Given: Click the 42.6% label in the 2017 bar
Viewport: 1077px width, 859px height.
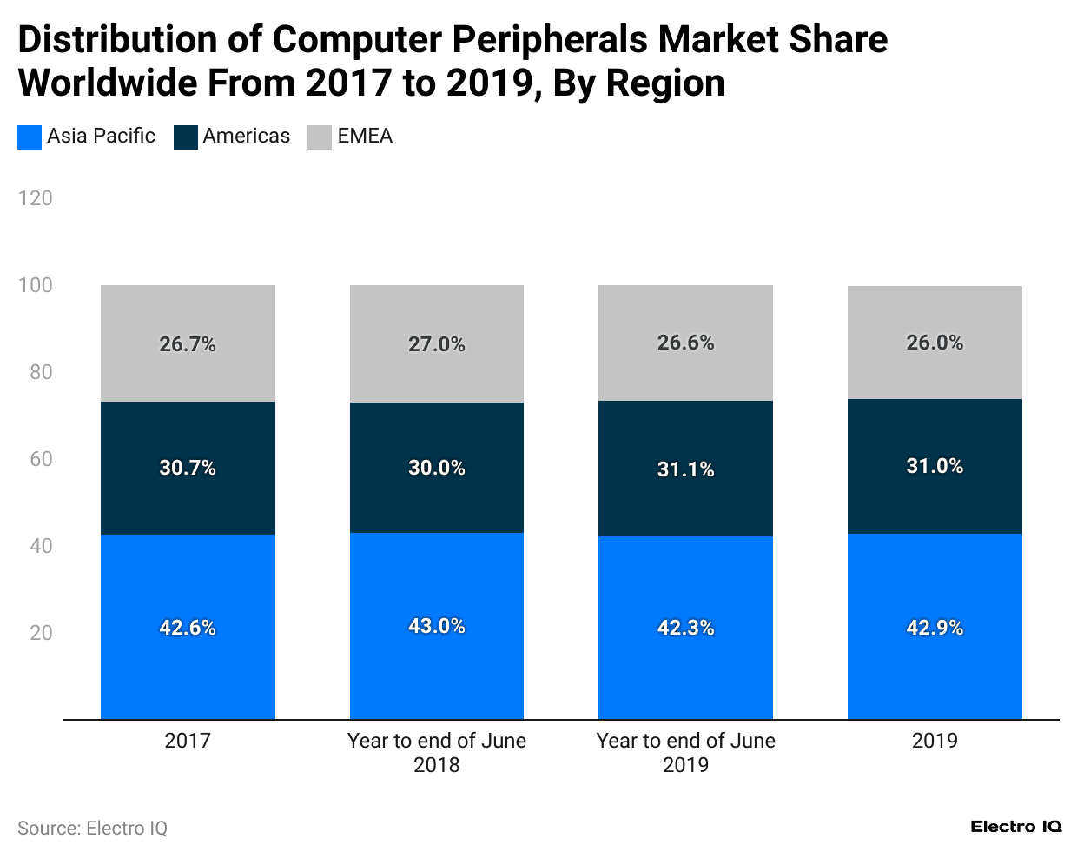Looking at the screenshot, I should pos(188,628).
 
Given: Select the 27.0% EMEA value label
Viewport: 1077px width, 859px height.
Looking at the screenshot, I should pos(437,344).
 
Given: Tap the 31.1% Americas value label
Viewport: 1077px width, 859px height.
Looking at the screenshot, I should pos(685,469).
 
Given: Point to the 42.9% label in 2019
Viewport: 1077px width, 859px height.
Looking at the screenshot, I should pos(935,628).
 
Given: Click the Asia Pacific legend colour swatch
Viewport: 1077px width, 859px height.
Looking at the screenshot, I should pos(30,137).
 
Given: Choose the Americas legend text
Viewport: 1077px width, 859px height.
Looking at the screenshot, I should pos(247,137).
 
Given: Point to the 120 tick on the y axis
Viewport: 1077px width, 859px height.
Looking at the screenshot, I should pos(36,198).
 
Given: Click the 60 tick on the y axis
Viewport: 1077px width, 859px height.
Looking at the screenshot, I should pos(41,459).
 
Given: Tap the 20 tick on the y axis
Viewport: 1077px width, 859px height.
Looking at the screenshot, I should pos(41,633).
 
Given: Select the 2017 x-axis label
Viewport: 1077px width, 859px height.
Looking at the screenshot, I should pos(188,741).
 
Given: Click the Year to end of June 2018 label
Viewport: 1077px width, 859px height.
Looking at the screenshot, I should pos(437,752).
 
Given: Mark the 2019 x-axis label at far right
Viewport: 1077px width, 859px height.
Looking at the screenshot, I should pos(935,741).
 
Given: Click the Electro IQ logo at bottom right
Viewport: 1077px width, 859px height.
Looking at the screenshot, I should pos(1016,827).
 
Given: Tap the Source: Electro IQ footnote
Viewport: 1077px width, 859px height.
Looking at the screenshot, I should pos(93,829).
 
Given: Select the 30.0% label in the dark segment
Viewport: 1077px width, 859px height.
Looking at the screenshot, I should pos(437,468).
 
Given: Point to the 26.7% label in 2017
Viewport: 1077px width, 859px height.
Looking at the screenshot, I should pos(188,344).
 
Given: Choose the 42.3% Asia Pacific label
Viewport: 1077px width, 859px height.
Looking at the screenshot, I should pos(685,628).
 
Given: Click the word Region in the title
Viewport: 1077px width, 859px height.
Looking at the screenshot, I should pos(665,83).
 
